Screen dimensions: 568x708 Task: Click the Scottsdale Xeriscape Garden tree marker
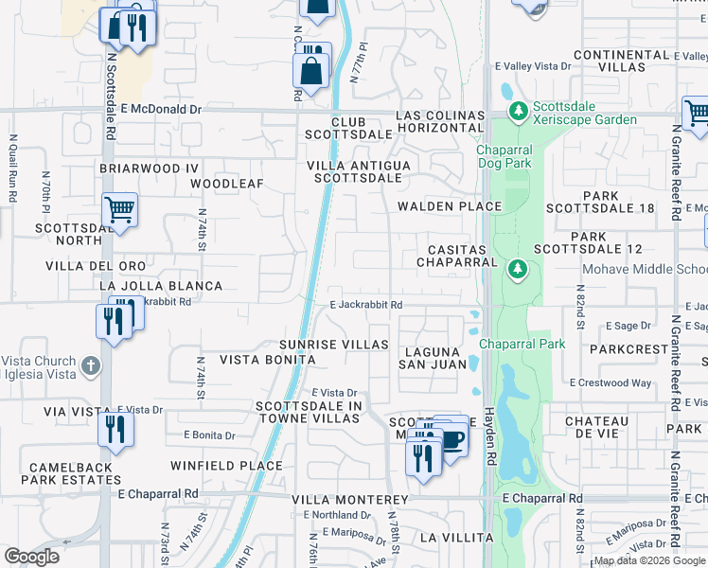[518, 113]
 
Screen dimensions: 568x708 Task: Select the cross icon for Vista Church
[90, 364]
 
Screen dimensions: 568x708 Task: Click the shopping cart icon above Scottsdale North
[120, 209]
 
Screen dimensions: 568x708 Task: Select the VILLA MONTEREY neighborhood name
[350, 499]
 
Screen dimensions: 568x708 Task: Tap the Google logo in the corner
[31, 557]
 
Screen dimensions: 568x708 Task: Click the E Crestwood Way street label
[611, 383]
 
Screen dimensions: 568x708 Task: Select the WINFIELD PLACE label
[226, 466]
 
